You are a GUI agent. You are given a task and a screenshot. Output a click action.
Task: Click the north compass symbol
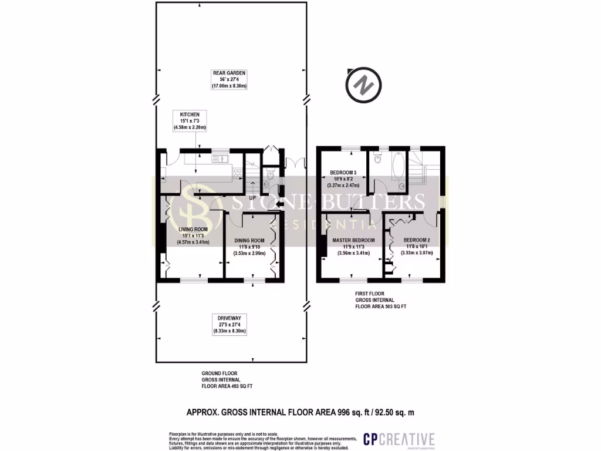coord(364,85)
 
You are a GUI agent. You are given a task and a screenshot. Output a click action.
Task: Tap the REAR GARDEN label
coord(229,73)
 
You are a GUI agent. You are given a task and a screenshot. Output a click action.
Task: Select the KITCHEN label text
coord(190,114)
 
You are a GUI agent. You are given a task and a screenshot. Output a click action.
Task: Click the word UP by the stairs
coord(253,198)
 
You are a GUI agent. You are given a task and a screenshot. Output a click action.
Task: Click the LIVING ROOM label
coord(194,229)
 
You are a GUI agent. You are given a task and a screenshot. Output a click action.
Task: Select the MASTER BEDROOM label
coord(353,240)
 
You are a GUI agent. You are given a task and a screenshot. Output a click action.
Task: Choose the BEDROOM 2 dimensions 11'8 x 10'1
coord(416,247)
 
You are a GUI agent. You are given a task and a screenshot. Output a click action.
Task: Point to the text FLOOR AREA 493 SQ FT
coord(227,386)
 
